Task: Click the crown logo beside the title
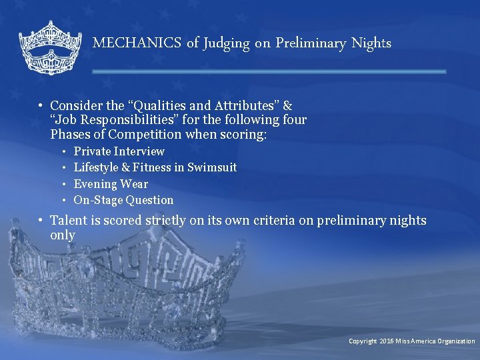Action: point(49,47)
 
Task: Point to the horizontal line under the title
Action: point(269,71)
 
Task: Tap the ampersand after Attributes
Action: point(288,105)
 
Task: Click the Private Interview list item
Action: point(119,151)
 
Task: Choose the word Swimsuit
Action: point(213,167)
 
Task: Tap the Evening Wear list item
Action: point(111,184)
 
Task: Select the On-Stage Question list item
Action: point(123,200)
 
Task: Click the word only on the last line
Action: point(62,235)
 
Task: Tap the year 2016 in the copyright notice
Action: point(387,341)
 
